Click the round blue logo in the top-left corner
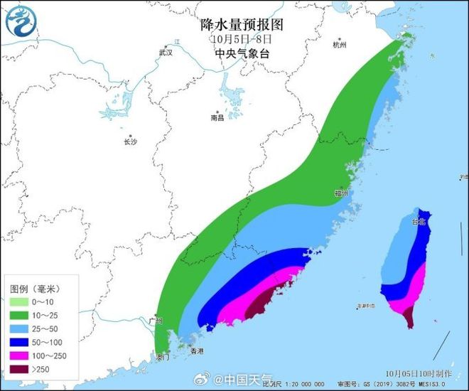21,21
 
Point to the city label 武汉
166,53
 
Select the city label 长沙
130,141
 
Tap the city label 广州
156,321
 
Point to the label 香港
196,351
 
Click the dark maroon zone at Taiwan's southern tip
409,318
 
